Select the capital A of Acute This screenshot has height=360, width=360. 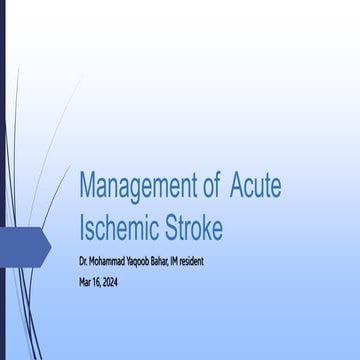(x=239, y=185)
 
